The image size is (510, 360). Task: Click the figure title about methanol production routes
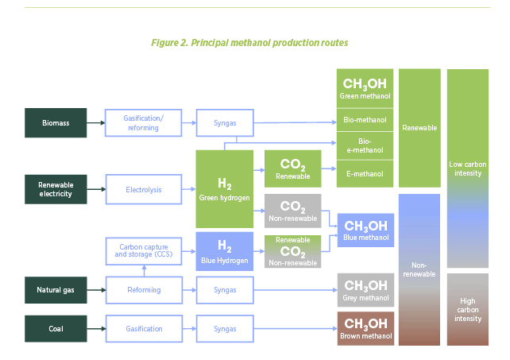[249, 41]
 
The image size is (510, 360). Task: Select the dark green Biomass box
[56, 122]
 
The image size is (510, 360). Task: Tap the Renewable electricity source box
[56, 189]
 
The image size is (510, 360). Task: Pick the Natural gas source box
[56, 290]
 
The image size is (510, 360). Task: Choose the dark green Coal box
[56, 328]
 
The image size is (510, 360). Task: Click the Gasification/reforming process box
[144, 122]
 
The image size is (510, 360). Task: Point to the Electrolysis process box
[144, 189]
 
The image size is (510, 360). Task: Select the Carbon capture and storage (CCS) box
[144, 250]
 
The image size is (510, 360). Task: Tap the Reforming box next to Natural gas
[144, 290]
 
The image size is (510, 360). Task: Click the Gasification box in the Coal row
[144, 328]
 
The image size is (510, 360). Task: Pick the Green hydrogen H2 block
[225, 189]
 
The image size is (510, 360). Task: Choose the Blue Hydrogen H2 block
[225, 251]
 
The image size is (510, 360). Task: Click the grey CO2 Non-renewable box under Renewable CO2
[292, 211]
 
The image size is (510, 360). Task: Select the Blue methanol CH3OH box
[365, 230]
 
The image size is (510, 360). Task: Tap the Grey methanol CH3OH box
[365, 290]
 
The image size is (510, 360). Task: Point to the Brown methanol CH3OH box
[365, 327]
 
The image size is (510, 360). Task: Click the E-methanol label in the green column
[365, 173]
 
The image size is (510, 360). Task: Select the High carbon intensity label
[468, 310]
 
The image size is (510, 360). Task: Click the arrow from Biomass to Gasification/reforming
[96, 122]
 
